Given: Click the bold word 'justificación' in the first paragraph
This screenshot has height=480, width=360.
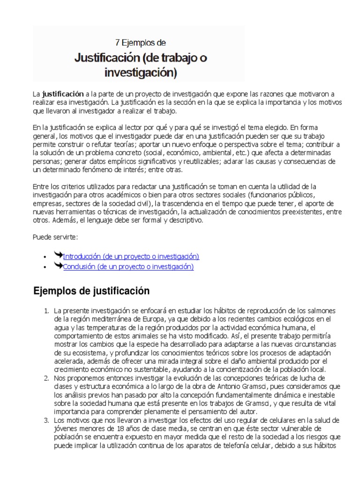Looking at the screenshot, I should tap(63, 93).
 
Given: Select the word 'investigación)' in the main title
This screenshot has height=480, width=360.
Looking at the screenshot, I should tap(141, 73).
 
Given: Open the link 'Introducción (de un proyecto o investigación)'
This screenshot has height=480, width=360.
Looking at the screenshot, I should tap(131, 256).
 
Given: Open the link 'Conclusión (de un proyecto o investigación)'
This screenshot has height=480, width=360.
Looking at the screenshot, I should tap(128, 267).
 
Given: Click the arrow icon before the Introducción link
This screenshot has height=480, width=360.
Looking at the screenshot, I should tap(58, 255).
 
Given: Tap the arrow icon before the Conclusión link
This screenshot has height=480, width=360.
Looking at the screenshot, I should tap(58, 266).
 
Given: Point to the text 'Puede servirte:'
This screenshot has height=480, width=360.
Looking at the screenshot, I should tap(52, 236).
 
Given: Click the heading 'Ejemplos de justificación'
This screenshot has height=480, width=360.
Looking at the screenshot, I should tap(91, 291).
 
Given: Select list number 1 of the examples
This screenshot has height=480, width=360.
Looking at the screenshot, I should tap(46, 311).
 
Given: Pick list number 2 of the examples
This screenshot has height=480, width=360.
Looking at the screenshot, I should tap(46, 378).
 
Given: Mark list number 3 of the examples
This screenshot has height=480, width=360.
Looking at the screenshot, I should tap(46, 420).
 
